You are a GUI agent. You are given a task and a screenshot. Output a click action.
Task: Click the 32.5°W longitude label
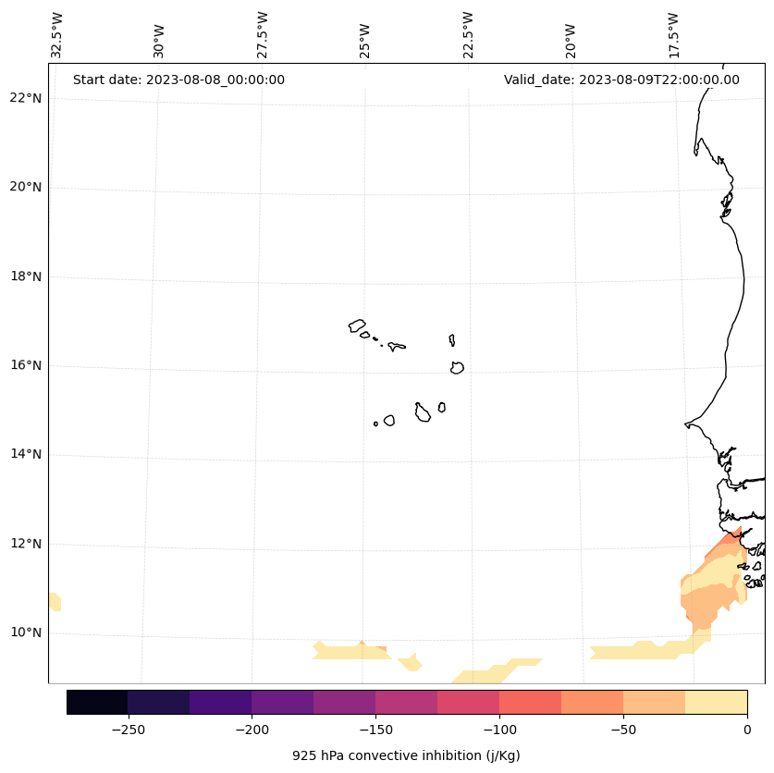point(57,35)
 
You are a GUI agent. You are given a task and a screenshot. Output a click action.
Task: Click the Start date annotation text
point(178,80)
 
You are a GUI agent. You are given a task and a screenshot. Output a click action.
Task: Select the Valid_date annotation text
point(621,80)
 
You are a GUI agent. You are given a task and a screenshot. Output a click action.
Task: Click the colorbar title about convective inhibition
point(406,755)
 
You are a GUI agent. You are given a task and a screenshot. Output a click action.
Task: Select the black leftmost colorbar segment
point(97,702)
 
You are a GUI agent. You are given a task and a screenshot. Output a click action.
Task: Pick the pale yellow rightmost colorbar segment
point(716,702)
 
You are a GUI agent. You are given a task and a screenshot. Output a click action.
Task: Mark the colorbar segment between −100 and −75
point(530,702)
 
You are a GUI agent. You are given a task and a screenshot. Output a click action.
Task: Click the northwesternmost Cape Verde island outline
point(357,325)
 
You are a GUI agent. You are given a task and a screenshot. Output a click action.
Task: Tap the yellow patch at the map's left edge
point(55,602)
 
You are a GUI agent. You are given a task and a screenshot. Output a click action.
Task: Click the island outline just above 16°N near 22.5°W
point(457,367)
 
